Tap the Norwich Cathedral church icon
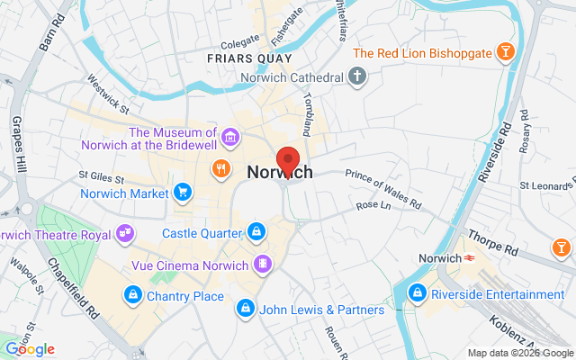click(x=357, y=76)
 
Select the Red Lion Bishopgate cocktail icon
click(x=507, y=52)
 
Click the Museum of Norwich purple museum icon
click(x=231, y=138)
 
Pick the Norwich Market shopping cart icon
click(x=183, y=193)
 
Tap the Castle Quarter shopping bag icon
click(x=256, y=232)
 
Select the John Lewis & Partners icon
click(x=244, y=284)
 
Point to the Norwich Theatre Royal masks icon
click(x=126, y=233)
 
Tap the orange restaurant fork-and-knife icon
click(x=219, y=168)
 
